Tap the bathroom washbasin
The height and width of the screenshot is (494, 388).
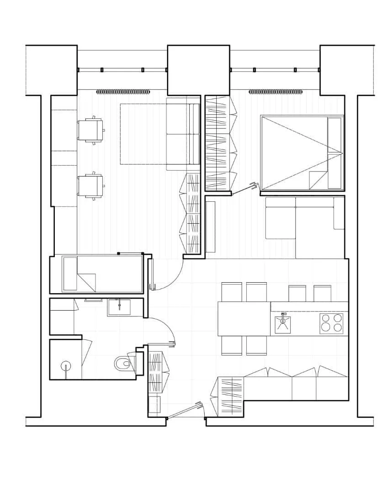click(x=119, y=307)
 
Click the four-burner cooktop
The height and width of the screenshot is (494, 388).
click(x=332, y=323)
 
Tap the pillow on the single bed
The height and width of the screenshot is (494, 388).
click(x=70, y=274)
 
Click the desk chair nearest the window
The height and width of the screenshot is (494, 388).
click(x=90, y=130)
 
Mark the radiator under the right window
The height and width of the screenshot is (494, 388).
click(x=276, y=92)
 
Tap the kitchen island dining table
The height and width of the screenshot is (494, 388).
click(x=244, y=319)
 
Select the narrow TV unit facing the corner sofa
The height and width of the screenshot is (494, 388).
click(x=210, y=227)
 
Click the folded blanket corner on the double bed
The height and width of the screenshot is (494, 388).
click(x=316, y=179)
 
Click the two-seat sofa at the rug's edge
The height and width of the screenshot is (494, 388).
click(x=183, y=134)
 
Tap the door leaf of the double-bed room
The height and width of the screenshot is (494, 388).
click(x=243, y=189)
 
